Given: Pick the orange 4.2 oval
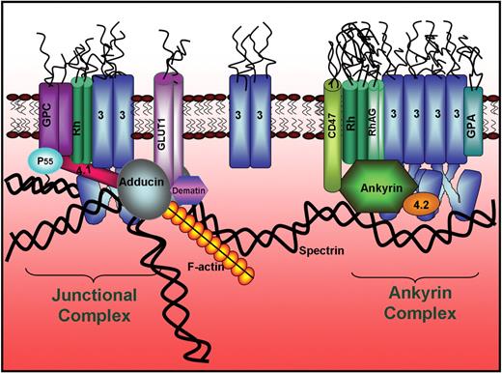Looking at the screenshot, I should [419, 205].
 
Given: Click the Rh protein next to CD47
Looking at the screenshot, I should [355, 121].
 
